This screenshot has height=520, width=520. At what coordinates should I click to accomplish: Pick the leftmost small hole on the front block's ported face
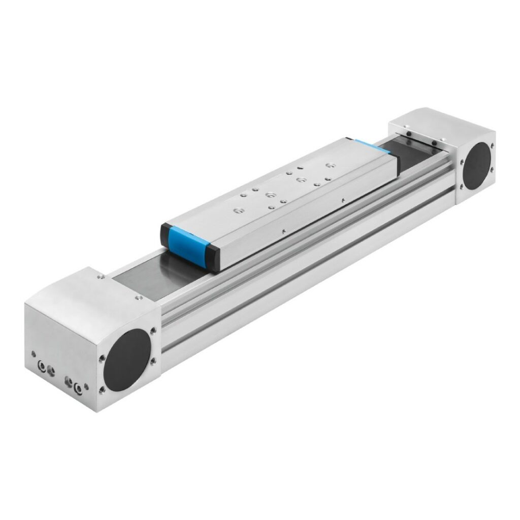point(34,354)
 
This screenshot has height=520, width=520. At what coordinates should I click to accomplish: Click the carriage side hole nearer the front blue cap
point(283,231)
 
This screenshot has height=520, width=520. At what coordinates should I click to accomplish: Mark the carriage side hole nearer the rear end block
point(344,199)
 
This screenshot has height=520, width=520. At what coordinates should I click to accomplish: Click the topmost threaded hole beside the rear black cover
point(492,145)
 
